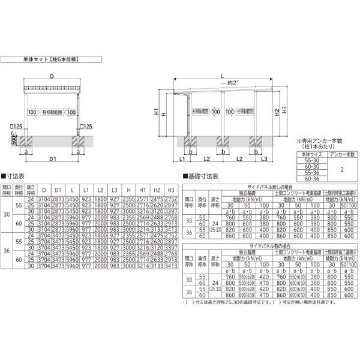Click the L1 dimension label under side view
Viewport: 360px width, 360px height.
click(182, 159)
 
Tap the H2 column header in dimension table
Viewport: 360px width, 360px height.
click(157, 190)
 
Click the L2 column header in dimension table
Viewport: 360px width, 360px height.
click(101, 190)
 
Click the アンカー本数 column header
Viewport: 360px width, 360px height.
click(342, 154)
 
